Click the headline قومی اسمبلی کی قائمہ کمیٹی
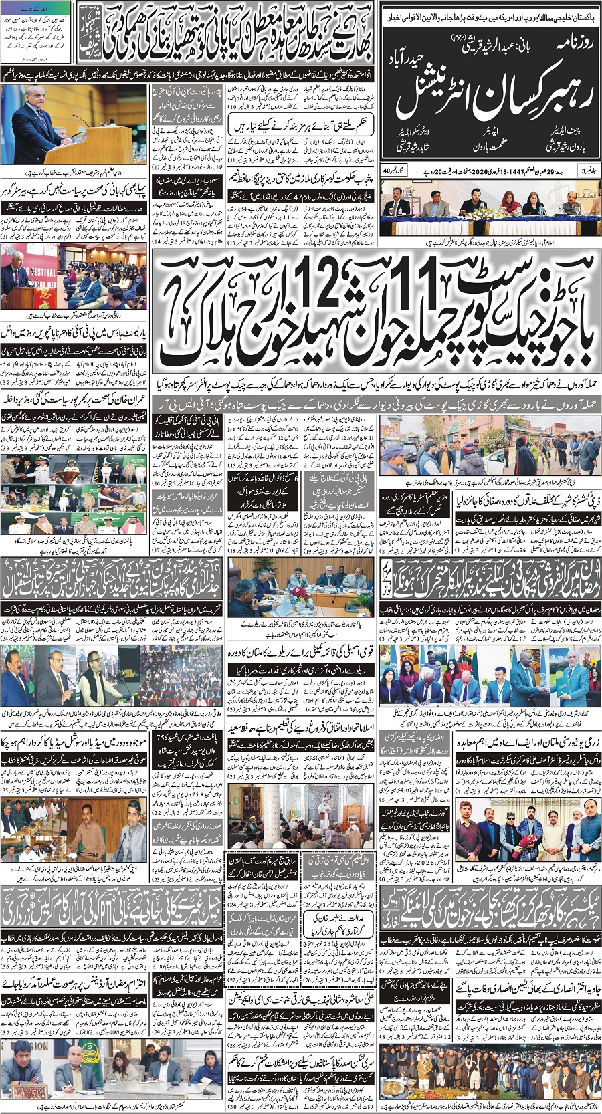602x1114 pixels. point(301,649)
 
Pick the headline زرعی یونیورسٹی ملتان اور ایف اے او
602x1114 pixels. point(528,742)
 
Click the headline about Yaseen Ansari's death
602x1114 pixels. point(528,986)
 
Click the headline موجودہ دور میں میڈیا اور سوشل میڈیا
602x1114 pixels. point(75,742)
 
